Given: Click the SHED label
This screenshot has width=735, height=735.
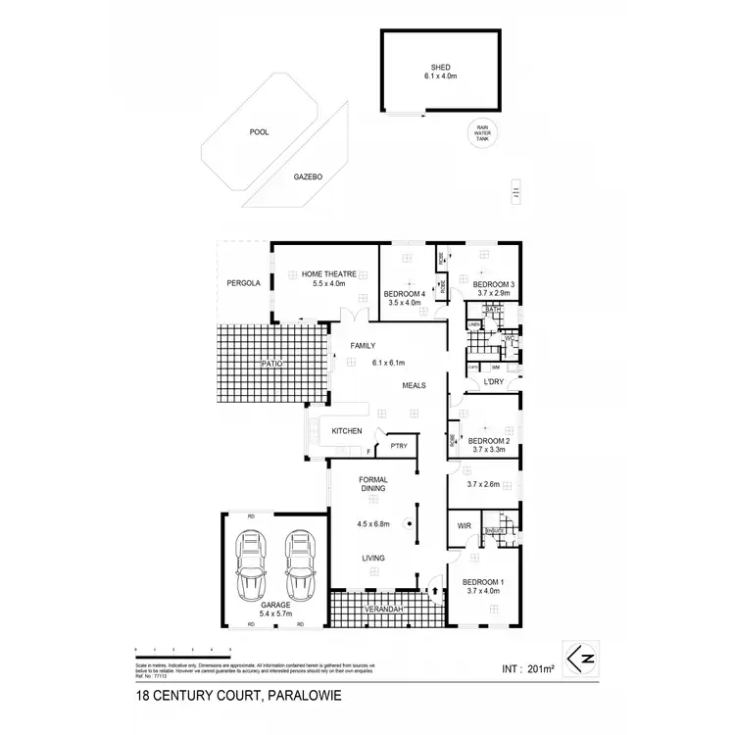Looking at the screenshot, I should pyautogui.click(x=439, y=67).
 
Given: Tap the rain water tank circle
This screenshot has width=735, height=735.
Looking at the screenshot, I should pyautogui.click(x=482, y=132).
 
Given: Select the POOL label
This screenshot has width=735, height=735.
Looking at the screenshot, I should pyautogui.click(x=259, y=130).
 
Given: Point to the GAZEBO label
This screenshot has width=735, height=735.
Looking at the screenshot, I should pyautogui.click(x=308, y=177).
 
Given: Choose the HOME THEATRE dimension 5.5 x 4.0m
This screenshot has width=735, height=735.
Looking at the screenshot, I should pyautogui.click(x=324, y=283).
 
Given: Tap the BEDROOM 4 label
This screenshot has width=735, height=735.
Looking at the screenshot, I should pyautogui.click(x=403, y=294).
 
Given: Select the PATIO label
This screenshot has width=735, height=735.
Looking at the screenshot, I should pyautogui.click(x=271, y=364).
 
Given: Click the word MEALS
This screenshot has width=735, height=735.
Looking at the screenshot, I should pyautogui.click(x=413, y=385).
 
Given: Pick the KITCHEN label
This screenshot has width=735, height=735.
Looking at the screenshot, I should pyautogui.click(x=347, y=431).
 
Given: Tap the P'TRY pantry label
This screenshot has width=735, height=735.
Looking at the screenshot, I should pyautogui.click(x=399, y=447).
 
